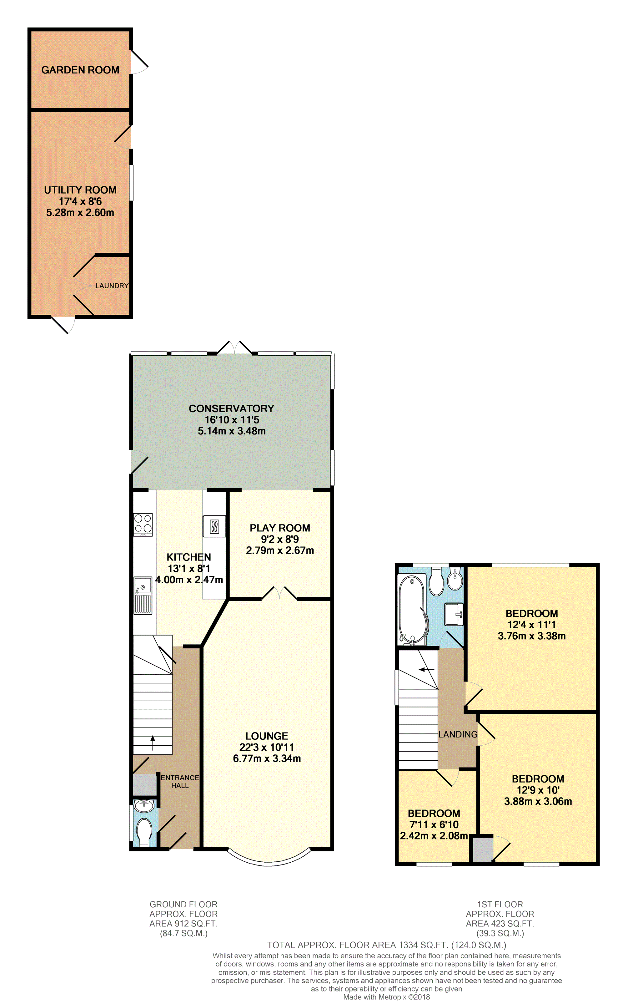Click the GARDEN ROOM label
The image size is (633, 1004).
pyautogui.click(x=80, y=70)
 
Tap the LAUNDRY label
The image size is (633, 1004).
pyautogui.click(x=112, y=286)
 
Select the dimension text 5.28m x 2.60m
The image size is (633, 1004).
pyautogui.click(x=80, y=213)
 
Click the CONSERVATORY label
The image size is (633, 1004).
pyautogui.click(x=231, y=408)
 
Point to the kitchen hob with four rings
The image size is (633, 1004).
pyautogui.click(x=143, y=525)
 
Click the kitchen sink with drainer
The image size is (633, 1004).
pyautogui.click(x=143, y=596)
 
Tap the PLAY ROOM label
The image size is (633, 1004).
pyautogui.click(x=280, y=528)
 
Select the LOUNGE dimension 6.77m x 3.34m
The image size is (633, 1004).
pyautogui.click(x=267, y=758)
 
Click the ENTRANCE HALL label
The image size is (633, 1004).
pyautogui.click(x=180, y=781)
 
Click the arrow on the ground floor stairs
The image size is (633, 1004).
pyautogui.click(x=153, y=743)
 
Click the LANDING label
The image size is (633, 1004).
pyautogui.click(x=458, y=734)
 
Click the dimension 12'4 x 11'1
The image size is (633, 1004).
pyautogui.click(x=531, y=625)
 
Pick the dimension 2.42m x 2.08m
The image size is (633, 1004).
pyautogui.click(x=433, y=835)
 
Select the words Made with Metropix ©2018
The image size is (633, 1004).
pyautogui.click(x=386, y=997)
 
